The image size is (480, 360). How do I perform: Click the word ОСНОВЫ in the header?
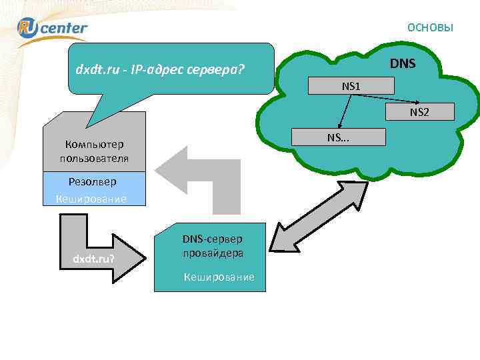[430, 27]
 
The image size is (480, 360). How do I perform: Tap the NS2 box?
[419, 112]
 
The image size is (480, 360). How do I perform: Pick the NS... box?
[343, 137]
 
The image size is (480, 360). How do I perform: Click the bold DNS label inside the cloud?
[403, 64]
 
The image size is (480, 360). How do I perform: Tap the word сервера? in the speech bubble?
[219, 69]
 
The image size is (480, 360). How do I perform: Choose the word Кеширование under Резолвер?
[91, 199]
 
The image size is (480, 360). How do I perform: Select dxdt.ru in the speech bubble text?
[97, 69]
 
